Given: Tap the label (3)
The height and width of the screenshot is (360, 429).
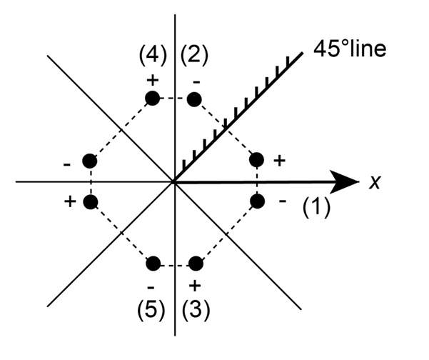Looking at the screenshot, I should [x=194, y=311].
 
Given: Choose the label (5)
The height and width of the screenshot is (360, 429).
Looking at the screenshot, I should [x=153, y=311].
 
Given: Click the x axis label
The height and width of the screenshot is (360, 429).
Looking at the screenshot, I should [x=373, y=184].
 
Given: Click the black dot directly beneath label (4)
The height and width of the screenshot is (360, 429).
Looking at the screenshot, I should [x=151, y=99].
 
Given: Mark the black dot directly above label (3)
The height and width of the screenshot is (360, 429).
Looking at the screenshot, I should [x=196, y=264].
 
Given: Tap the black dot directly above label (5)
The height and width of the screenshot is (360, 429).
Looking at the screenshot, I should [x=151, y=264].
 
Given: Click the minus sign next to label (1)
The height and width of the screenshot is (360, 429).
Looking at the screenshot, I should [x=282, y=202].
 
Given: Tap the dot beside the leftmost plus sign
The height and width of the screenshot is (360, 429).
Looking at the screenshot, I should [x=90, y=202].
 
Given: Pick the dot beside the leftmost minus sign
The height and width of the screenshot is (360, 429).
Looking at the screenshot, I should [x=90, y=161].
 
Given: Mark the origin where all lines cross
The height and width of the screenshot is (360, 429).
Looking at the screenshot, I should [x=174, y=181].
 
